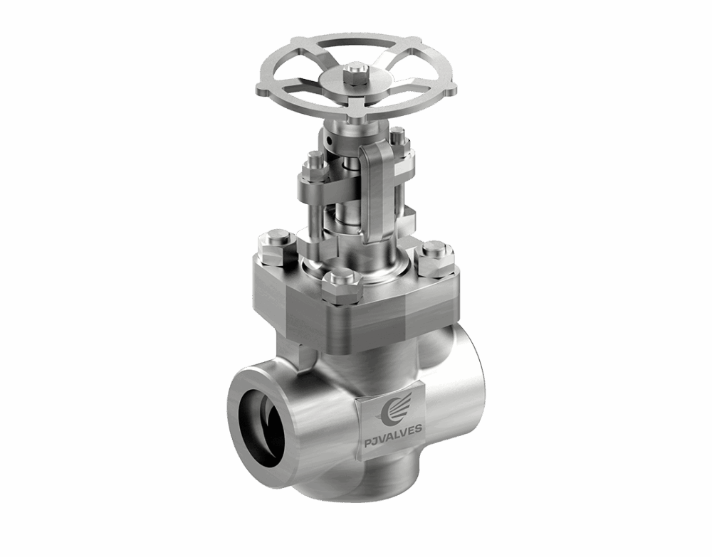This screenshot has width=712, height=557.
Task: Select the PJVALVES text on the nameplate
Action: (392, 429)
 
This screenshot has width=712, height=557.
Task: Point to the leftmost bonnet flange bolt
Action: (276, 245)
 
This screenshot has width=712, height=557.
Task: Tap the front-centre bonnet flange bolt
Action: (342, 284)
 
